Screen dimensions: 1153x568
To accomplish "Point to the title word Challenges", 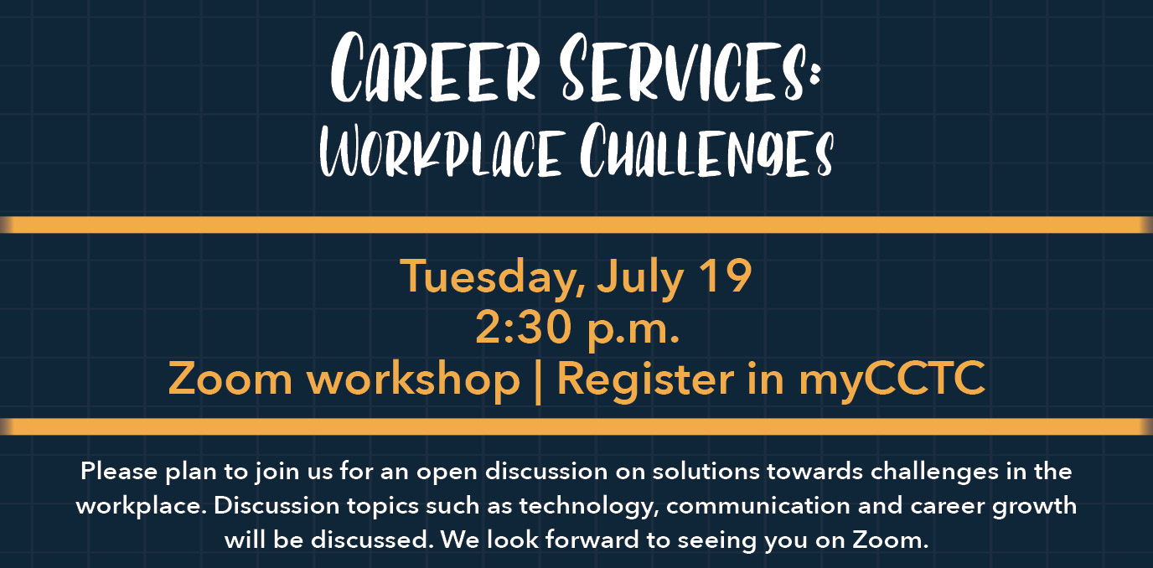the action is point(706,150).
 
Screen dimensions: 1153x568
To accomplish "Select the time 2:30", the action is point(524,328).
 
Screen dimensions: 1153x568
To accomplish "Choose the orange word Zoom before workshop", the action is point(230,379).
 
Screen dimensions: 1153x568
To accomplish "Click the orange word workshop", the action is point(413,380).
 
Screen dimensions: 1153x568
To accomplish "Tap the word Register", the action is point(645,380).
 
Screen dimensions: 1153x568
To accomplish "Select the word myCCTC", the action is point(892,380).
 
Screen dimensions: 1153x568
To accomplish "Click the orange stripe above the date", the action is point(576,225).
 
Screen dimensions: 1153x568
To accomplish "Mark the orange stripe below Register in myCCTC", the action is point(576,426).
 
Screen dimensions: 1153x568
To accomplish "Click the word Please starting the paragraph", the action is point(119,472).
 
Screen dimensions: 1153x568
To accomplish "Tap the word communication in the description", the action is point(758,505).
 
